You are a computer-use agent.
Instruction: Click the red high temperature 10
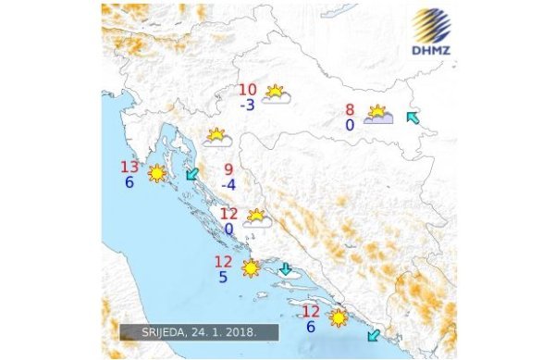[x=248, y=90]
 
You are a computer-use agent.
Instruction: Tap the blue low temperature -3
[x=247, y=105]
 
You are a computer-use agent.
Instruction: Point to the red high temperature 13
[x=130, y=168]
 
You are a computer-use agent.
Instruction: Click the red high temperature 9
[x=228, y=169]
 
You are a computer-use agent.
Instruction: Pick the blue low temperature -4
[x=228, y=184]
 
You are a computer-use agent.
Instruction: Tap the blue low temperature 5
[x=223, y=277]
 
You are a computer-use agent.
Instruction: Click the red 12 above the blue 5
[x=223, y=262]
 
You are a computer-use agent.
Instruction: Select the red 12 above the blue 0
[x=228, y=213]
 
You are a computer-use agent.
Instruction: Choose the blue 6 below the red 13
[x=129, y=182]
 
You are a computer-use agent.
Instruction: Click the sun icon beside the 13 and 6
[x=158, y=173]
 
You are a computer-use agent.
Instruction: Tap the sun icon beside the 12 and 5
[x=251, y=268]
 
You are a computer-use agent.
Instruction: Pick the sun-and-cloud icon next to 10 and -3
[x=276, y=93]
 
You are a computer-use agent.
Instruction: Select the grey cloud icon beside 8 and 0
[x=378, y=116]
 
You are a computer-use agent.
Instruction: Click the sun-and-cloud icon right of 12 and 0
[x=256, y=218]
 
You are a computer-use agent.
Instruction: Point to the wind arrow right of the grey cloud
[x=413, y=118]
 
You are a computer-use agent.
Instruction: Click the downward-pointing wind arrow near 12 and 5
[x=286, y=269]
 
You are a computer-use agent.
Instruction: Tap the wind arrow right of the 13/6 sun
[x=192, y=174]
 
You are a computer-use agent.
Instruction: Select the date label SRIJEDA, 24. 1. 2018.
[x=199, y=330]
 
